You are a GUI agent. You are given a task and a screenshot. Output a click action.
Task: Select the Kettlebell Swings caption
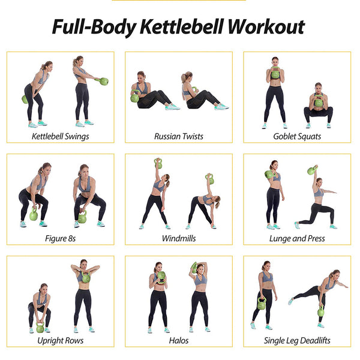[x=60, y=136]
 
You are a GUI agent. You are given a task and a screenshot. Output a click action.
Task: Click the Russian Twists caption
[x=179, y=136]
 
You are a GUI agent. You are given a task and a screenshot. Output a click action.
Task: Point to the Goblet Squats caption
[x=297, y=136]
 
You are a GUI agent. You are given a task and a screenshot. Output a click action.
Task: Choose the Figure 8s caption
[x=60, y=238]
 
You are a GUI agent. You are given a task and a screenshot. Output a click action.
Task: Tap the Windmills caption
[x=179, y=238]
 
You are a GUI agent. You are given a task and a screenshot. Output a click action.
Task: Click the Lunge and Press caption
[x=297, y=238]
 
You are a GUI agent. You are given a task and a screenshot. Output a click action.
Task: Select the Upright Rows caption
[x=60, y=340]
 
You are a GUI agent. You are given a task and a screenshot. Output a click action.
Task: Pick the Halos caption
[x=179, y=340]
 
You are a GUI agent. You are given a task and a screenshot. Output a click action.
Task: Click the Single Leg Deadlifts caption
[x=297, y=340]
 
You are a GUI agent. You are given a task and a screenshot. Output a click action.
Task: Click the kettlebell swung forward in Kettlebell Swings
[x=104, y=81]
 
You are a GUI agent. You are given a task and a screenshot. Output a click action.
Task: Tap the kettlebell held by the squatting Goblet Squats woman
[x=318, y=102]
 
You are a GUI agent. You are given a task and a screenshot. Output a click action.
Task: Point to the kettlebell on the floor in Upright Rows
[x=40, y=328]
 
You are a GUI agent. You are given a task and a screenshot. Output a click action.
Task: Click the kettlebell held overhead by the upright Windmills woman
[x=158, y=163]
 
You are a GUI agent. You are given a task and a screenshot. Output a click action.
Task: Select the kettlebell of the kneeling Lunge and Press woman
[x=312, y=170]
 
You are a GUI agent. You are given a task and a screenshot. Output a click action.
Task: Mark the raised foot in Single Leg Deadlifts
[x=290, y=301]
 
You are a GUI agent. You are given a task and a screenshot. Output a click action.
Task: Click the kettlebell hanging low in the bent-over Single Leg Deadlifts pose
[x=321, y=311]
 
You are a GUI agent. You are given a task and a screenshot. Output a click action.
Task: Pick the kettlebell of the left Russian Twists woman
[x=135, y=97]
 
